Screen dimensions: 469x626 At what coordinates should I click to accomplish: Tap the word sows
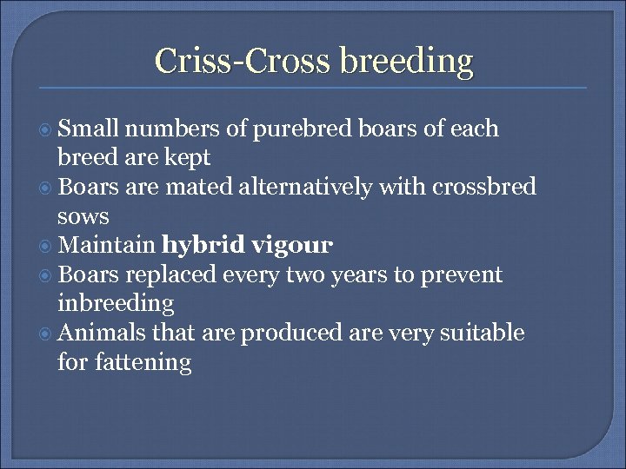(83, 216)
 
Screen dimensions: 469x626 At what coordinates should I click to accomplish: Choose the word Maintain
(108, 246)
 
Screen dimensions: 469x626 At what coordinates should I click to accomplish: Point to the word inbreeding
(116, 304)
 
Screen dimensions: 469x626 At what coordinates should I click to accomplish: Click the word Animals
(103, 334)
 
